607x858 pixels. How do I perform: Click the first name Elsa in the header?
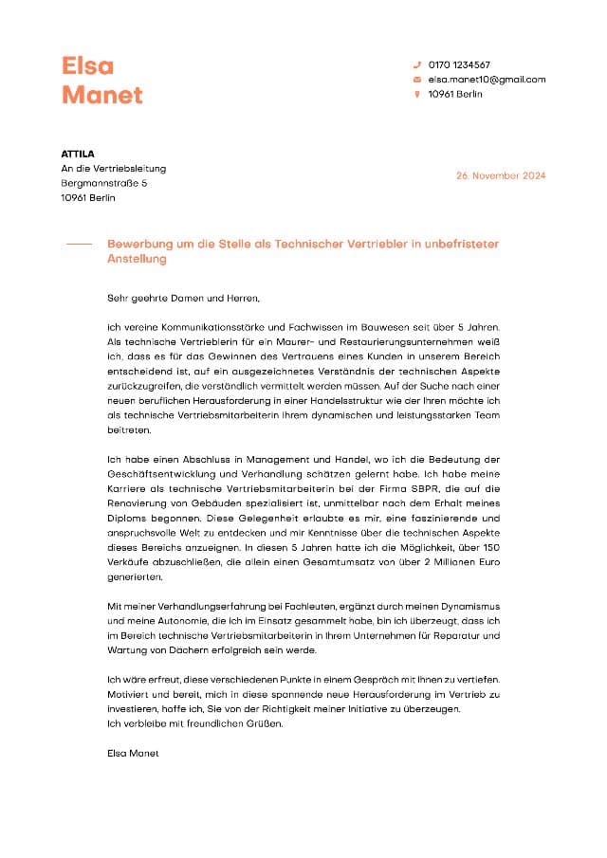[87, 65]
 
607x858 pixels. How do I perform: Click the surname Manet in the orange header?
[101, 95]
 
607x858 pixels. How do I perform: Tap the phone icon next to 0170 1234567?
[416, 64]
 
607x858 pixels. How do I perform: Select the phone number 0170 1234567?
[459, 64]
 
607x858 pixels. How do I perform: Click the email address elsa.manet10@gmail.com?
[487, 80]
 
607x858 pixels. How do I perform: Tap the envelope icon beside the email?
[416, 80]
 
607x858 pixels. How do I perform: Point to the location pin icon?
[416, 95]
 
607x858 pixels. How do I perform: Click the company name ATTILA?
[78, 154]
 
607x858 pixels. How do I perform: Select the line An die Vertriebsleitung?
[113, 169]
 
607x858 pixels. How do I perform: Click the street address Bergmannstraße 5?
[104, 183]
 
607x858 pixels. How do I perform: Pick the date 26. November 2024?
[501, 176]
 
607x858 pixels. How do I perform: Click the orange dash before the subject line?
[80, 245]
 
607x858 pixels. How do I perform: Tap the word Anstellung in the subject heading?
[138, 259]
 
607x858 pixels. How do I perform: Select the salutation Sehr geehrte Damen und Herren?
[183, 299]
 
